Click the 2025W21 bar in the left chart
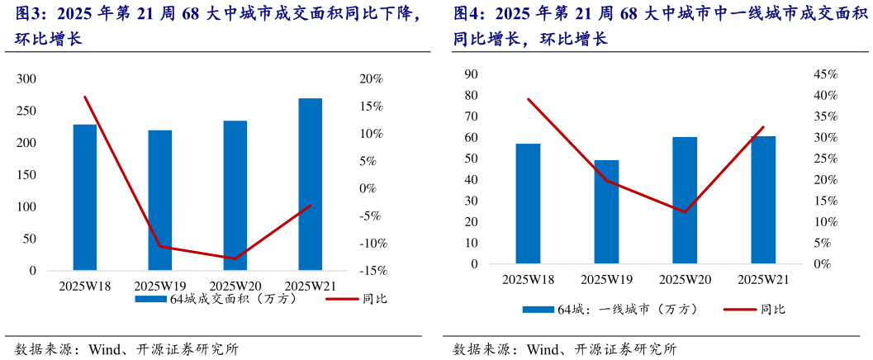(x=310, y=184)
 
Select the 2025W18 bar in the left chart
(x=85, y=197)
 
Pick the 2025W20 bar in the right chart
(x=685, y=201)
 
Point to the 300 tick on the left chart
(x=27, y=79)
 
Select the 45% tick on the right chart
(x=826, y=74)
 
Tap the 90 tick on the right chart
(x=472, y=74)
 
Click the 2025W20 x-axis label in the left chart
(x=235, y=286)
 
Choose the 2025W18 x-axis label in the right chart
(x=528, y=280)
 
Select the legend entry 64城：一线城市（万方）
(x=611, y=310)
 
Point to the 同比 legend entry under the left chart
(x=356, y=300)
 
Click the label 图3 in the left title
(x=27, y=14)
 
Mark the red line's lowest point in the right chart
(x=685, y=212)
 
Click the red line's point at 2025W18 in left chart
(x=85, y=97)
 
